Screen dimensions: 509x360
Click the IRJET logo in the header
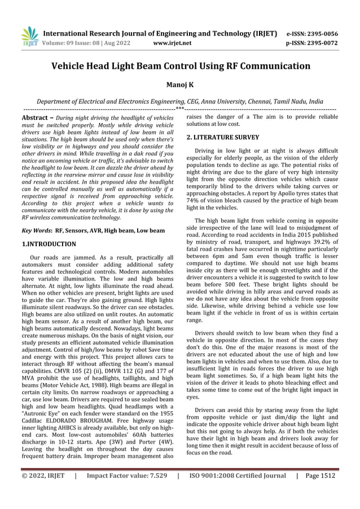29,35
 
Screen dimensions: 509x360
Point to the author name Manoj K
180,85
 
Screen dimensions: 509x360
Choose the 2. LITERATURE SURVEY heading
222,137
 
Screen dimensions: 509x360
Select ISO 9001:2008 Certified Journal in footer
238,492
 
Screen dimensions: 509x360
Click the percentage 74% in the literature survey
194,201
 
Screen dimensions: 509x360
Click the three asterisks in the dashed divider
180,108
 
